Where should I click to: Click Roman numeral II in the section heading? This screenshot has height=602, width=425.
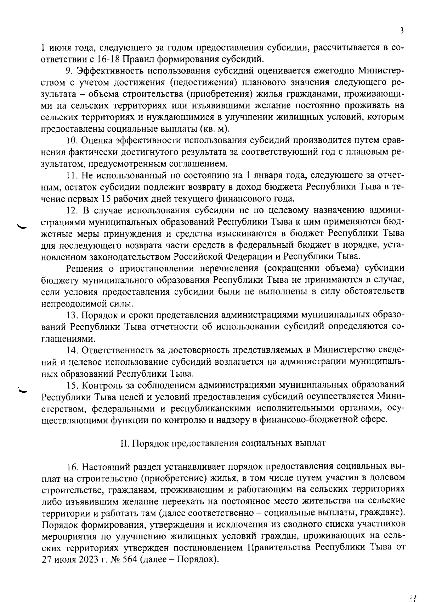point(124,443)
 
